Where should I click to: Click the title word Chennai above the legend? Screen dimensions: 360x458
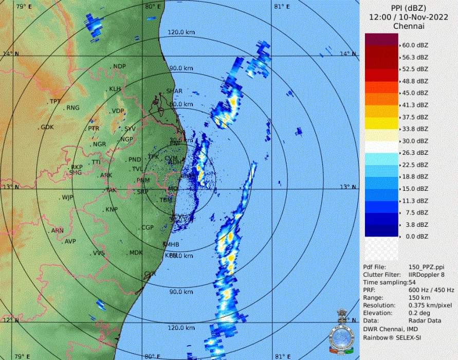408,26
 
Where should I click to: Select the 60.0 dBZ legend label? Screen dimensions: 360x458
415,45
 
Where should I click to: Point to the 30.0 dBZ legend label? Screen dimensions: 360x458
415,141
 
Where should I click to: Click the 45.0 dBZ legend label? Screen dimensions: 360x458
415,93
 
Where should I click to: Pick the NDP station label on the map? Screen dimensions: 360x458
119,66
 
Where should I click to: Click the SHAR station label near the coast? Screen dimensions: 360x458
174,91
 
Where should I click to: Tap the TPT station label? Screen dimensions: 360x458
54,101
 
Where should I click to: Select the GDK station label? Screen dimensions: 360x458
47,127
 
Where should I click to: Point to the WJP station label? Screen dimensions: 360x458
68,197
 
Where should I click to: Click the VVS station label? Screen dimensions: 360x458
99,253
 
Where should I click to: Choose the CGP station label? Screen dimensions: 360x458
148,227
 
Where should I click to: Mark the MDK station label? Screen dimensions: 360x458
136,253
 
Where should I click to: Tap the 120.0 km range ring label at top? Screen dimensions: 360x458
180,32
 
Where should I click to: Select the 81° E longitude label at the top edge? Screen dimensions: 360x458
280,7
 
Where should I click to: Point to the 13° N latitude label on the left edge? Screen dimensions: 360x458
10,187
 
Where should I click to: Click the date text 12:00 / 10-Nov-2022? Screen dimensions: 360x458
408,17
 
